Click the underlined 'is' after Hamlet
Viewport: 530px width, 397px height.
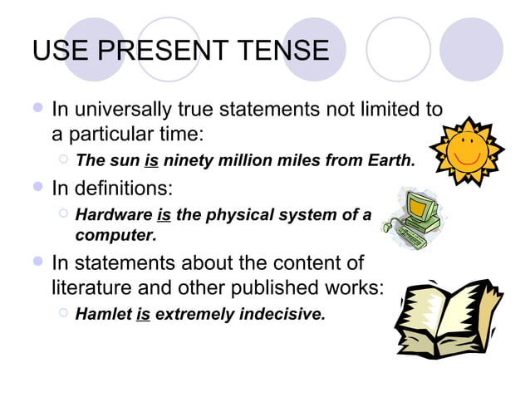pyautogui.click(x=142, y=315)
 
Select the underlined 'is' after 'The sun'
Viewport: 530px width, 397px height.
pyautogui.click(x=151, y=160)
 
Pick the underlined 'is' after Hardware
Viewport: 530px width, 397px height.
pyautogui.click(x=164, y=215)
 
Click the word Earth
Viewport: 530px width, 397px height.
pyautogui.click(x=390, y=160)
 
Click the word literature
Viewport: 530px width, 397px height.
pyautogui.click(x=87, y=287)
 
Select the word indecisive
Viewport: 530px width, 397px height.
pyautogui.click(x=282, y=315)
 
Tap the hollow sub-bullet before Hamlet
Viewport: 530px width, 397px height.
pyautogui.click(x=64, y=314)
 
